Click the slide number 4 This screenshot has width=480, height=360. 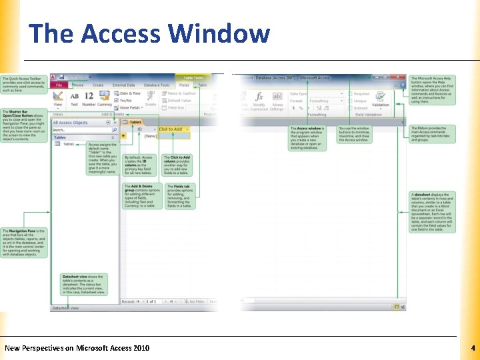(472, 348)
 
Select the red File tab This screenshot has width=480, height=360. (59, 85)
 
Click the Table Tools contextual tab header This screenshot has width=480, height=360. (193, 78)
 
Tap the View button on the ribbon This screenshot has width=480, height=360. (58, 99)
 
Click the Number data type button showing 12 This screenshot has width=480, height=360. (89, 99)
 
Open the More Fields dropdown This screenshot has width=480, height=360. (129, 107)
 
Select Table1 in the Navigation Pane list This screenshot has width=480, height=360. (68, 144)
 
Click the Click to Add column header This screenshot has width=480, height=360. (173, 129)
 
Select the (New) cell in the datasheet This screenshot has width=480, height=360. (150, 136)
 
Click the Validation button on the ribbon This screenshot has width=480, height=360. (380, 100)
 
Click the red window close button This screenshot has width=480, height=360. (401, 78)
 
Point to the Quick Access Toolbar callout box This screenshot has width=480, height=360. (24, 85)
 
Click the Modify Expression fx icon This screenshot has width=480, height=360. (259, 97)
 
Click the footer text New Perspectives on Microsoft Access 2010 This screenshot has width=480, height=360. (77, 348)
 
